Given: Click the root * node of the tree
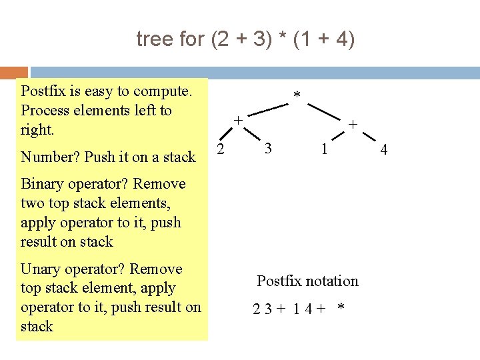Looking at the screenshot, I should [297, 97].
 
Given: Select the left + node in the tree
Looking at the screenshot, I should [237, 121].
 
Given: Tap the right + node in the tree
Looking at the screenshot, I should [353, 124].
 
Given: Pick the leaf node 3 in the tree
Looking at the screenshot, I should [267, 148].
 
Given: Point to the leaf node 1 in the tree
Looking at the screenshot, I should [323, 149].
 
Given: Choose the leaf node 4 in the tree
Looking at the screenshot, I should [383, 151].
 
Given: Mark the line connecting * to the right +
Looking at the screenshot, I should [327, 111].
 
